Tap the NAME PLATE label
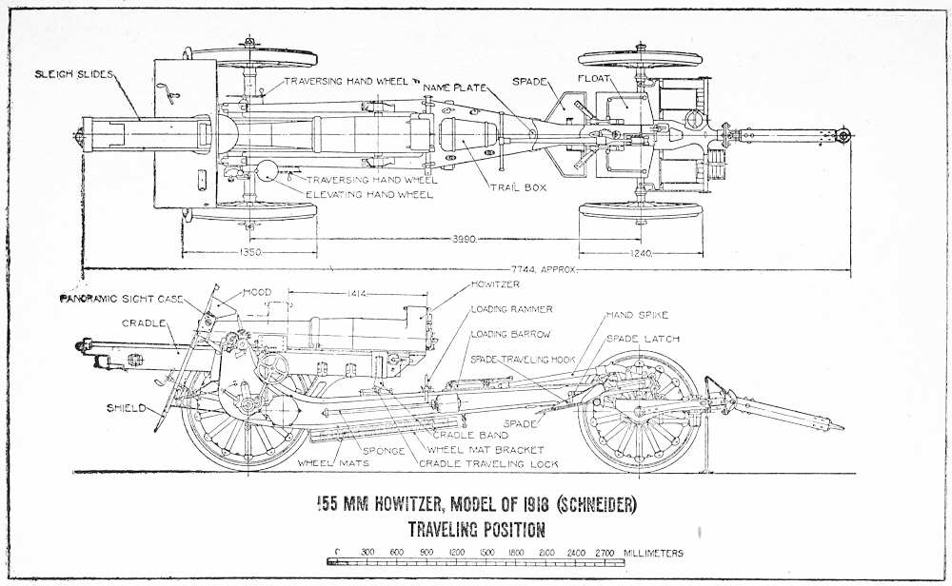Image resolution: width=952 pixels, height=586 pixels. point(458,86)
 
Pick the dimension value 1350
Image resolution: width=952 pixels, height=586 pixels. point(249,253)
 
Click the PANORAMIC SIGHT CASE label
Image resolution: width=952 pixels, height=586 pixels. point(122,299)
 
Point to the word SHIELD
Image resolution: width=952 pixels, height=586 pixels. point(128,408)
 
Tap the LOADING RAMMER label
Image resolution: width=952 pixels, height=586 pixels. point(511,309)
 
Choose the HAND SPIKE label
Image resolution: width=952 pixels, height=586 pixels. point(643,314)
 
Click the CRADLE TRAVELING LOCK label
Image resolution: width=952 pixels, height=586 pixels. point(488,463)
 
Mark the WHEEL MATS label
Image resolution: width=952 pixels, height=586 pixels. point(321,463)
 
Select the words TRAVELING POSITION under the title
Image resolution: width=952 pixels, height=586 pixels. point(476,529)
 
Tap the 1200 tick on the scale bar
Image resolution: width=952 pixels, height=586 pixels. point(456,552)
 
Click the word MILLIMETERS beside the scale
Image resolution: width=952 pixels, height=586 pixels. point(653,552)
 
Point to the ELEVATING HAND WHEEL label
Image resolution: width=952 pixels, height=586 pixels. point(368,194)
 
